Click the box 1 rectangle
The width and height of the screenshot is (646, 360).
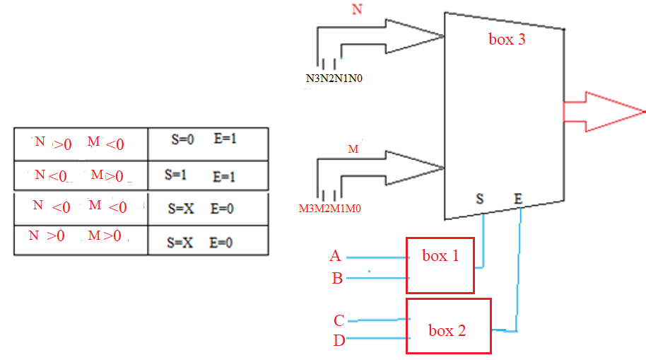click(x=440, y=265)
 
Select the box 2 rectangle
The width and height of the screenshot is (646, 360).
click(x=448, y=326)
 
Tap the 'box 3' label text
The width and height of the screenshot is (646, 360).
click(x=507, y=40)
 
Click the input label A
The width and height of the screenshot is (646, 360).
click(x=336, y=256)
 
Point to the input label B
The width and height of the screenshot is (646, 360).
click(x=337, y=279)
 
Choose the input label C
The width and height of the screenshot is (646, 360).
click(x=339, y=320)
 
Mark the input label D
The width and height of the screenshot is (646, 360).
click(x=339, y=341)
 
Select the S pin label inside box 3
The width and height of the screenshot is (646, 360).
click(x=480, y=199)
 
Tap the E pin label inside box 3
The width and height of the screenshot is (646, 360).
click(x=518, y=199)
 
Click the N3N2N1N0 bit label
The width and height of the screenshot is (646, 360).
click(x=334, y=79)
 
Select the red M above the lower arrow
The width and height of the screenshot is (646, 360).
click(x=353, y=149)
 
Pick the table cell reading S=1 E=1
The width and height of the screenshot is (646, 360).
click(x=208, y=175)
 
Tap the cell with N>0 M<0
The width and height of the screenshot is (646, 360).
click(x=80, y=144)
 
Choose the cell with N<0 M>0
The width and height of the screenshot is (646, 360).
click(x=80, y=175)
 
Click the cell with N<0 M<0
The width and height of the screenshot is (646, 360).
click(x=80, y=208)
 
